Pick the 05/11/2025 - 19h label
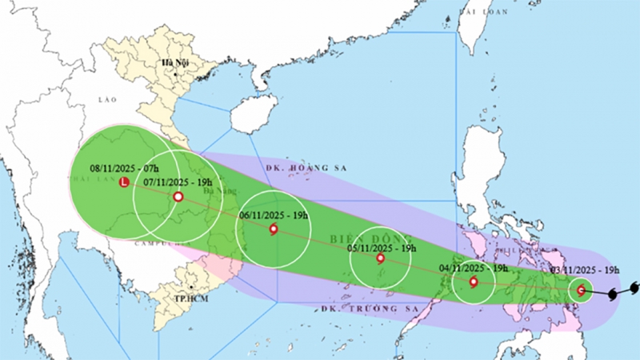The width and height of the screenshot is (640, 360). click(382, 248)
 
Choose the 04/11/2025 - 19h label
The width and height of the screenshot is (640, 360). click(473, 268)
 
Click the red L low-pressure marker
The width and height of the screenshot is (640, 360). click(124, 183)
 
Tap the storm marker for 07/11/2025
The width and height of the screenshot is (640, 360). click(178, 196)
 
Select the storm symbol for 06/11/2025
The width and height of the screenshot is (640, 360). click(273, 230)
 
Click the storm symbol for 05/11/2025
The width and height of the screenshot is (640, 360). click(380, 258)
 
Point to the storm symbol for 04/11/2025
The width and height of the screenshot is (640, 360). click(473, 282)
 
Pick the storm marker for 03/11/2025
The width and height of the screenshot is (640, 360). click(580, 290)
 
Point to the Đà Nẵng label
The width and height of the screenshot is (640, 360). click(216, 191)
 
